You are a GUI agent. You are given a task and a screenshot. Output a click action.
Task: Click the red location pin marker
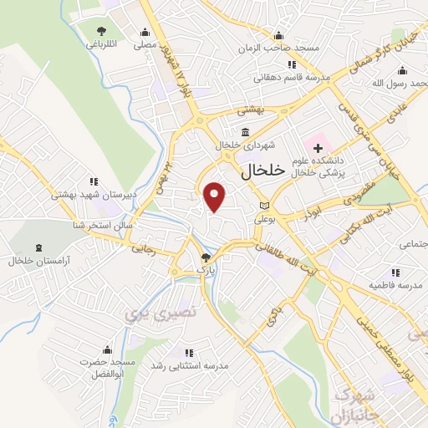coord(216,196)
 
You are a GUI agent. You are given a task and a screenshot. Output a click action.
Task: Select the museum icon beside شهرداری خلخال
coord(244,132)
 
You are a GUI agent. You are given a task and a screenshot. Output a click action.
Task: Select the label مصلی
coord(145,45)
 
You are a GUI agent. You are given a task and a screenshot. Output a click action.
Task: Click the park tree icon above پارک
coord(206,257)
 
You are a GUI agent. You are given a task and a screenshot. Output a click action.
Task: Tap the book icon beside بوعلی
coord(264,205)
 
